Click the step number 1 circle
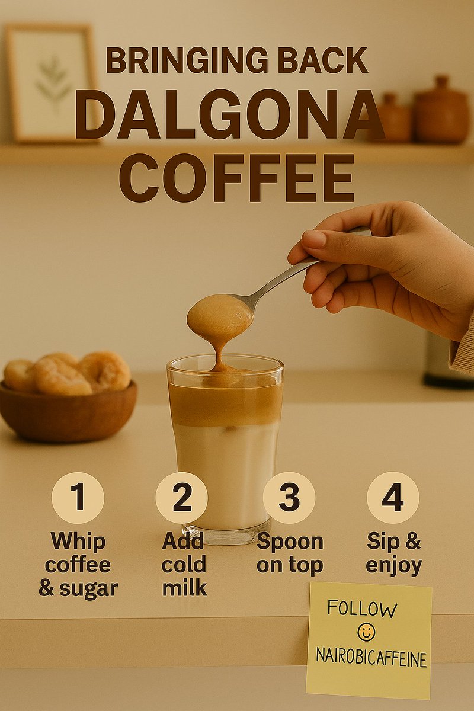[x=78, y=498]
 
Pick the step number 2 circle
[x=181, y=498]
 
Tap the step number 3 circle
[x=289, y=498]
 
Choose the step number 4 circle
[x=392, y=498]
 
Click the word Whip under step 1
[x=78, y=542]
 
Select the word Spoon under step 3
[x=290, y=542]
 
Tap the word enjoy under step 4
[x=393, y=565]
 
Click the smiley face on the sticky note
[x=367, y=633]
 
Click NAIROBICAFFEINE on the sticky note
[x=371, y=658]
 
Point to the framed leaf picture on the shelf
[x=52, y=83]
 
